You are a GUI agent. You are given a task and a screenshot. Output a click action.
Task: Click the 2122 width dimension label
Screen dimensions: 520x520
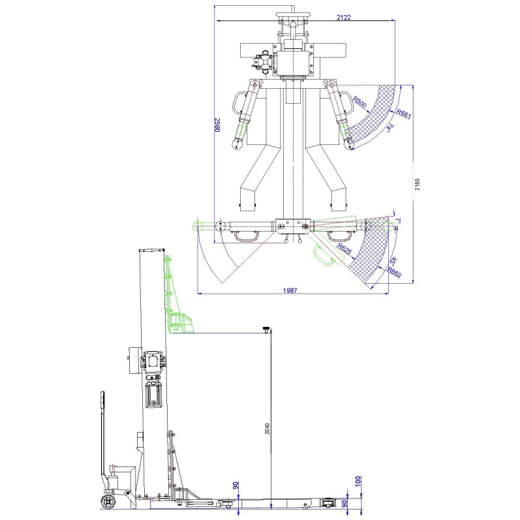(x=344, y=18)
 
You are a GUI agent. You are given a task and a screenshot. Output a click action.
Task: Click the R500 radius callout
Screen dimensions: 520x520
(x=359, y=102)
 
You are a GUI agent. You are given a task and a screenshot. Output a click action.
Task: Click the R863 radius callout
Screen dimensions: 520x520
(x=395, y=273)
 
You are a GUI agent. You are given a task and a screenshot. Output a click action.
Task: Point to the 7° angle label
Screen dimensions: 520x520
(x=397, y=222)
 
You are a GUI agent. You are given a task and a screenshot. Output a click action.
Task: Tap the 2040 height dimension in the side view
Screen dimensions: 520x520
(x=267, y=428)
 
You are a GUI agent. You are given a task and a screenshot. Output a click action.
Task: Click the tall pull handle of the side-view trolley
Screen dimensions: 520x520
(x=102, y=437)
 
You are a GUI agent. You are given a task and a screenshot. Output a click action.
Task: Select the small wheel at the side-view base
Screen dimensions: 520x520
(x=107, y=502)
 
